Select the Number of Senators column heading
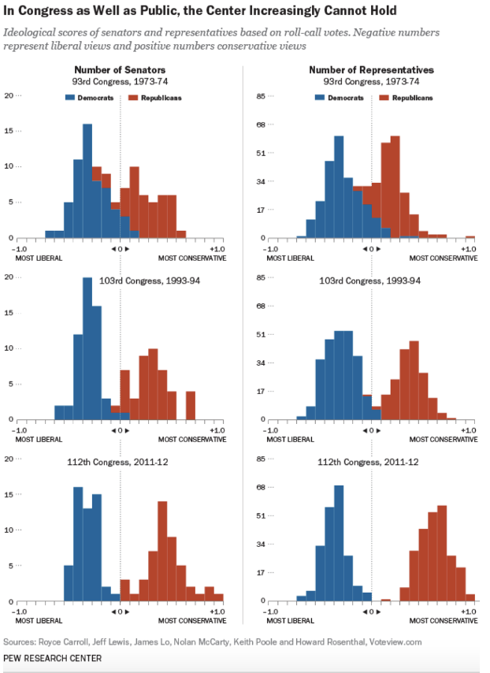point(120,70)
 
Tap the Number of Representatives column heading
point(371,70)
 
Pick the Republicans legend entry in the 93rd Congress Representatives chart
point(406,98)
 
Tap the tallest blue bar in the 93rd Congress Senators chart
point(87,181)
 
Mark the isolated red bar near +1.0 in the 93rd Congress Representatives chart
point(470,236)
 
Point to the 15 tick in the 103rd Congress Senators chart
point(9,312)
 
